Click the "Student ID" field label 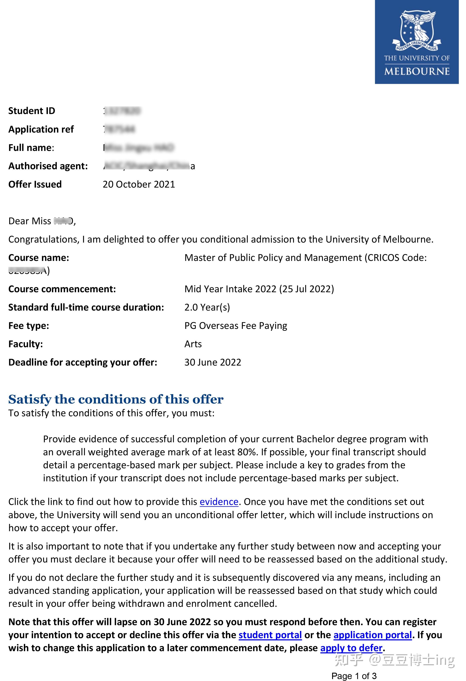[32, 111]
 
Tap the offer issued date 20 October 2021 [139, 184]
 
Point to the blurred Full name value [139, 148]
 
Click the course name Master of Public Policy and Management [273, 257]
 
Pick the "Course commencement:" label [62, 289]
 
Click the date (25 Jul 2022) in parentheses [307, 289]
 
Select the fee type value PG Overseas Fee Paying [236, 325]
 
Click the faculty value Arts [193, 344]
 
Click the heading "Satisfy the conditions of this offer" [116, 399]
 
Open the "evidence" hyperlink [219, 502]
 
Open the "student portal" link [270, 635]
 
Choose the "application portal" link [373, 635]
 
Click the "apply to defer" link [351, 648]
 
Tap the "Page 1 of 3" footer [354, 676]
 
